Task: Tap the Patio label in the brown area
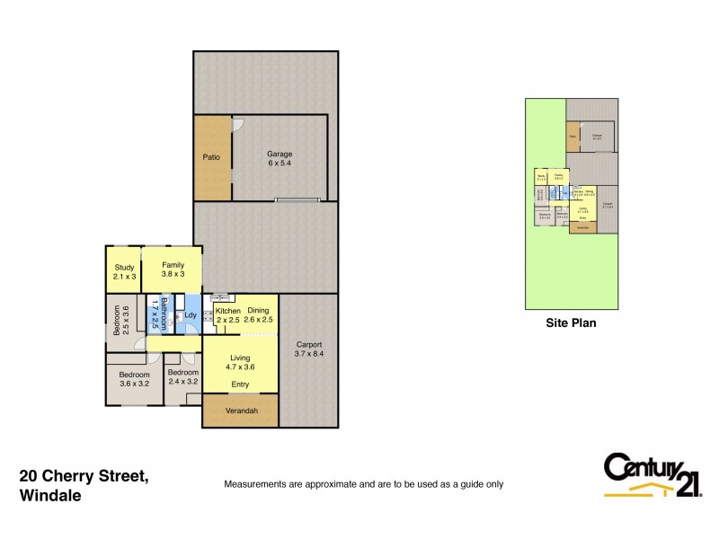(x=211, y=157)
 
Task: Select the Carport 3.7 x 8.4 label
(x=308, y=349)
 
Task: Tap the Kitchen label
(x=227, y=311)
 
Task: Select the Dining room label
(x=258, y=311)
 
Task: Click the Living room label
(x=240, y=358)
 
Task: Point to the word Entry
(x=240, y=384)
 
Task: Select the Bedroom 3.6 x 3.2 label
(x=134, y=376)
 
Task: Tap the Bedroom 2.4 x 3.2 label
(x=182, y=376)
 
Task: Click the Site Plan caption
(x=572, y=323)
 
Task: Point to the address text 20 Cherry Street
(x=84, y=477)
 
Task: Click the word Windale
(x=50, y=495)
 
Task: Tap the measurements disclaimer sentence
(x=363, y=484)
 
